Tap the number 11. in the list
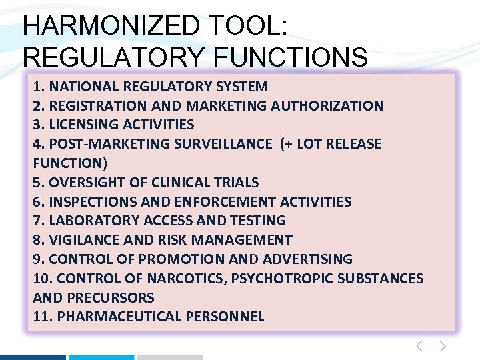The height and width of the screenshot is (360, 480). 43,317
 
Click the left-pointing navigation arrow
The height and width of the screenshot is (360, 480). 419,346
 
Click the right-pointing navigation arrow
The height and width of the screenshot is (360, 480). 443,346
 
